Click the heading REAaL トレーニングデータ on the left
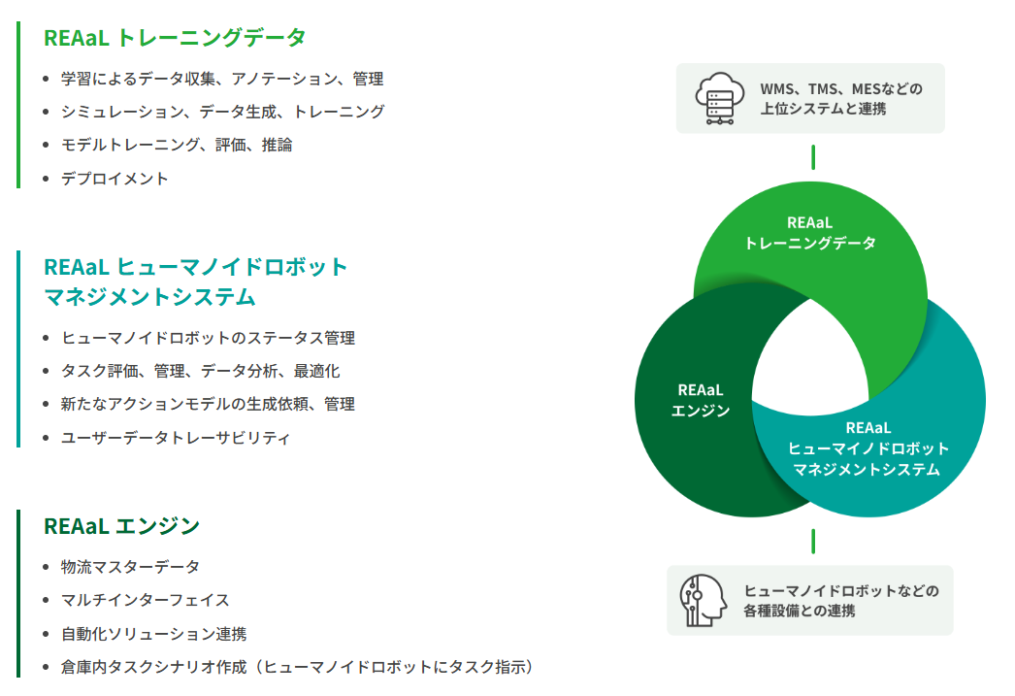175,38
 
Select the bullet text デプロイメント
115,179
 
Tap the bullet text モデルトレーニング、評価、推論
177,145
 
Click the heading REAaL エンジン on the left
121,526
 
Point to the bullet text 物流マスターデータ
130,567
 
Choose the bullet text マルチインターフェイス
145,601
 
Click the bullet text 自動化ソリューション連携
153,634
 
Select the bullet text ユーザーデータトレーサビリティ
176,438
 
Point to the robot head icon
704,599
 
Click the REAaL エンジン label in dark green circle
701,400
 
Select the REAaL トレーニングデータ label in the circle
810,233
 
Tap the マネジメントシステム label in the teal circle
868,470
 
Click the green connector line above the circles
813,156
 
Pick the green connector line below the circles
813,541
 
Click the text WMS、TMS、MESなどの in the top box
840,89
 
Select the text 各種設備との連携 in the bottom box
800,612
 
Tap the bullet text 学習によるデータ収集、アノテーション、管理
221,79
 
